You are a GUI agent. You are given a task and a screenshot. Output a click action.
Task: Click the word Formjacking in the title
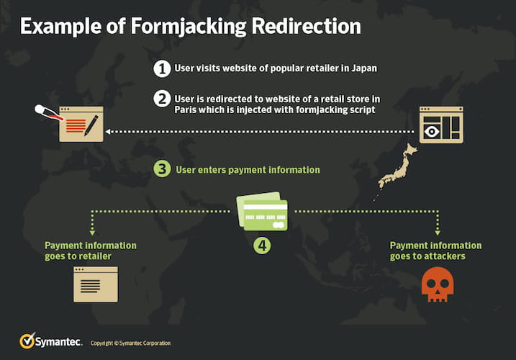coord(189,26)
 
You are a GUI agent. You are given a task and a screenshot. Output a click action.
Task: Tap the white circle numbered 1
coord(162,68)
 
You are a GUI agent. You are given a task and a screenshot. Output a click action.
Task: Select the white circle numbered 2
coord(162,99)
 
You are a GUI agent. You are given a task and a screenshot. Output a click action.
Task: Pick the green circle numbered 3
coord(162,169)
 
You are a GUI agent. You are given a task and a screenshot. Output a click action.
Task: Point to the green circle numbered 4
coord(262,246)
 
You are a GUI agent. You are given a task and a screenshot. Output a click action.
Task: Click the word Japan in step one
coord(364,68)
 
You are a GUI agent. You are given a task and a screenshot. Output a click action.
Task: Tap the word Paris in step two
coord(185,109)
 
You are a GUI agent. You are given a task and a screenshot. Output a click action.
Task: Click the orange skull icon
coord(438,284)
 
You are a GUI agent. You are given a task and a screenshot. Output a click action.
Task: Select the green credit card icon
coord(262,211)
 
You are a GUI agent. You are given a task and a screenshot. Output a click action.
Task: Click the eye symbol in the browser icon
coord(432,132)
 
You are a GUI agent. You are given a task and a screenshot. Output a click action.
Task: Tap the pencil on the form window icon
coord(91,125)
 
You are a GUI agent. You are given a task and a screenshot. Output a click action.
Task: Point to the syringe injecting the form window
coord(49,112)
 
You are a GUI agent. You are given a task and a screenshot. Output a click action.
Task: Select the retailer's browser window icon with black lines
coord(96,284)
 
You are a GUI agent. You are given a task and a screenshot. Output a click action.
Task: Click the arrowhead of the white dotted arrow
coord(108,132)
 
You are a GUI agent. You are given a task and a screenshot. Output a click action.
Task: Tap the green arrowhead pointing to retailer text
coord(92,233)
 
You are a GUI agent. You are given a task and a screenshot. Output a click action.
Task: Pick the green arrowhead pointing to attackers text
coord(438,233)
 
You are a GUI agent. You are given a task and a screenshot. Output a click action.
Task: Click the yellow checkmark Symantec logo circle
coord(27,341)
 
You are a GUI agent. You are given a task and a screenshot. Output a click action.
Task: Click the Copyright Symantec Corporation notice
coord(131,343)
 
